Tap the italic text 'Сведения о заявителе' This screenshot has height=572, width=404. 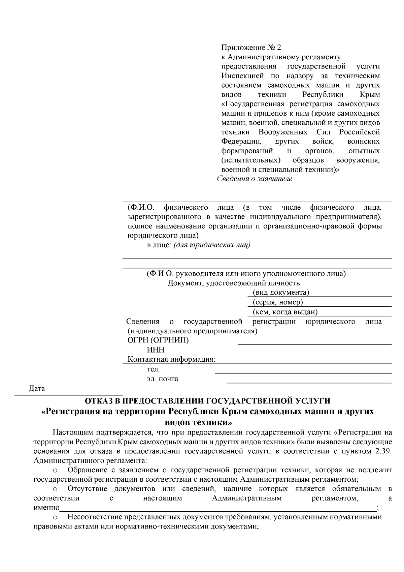255,179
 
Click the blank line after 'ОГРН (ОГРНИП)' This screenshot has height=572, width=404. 315,344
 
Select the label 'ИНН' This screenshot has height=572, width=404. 156,350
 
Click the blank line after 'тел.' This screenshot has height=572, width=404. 303,372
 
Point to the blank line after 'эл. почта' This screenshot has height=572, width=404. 309,382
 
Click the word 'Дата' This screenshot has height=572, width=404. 37,389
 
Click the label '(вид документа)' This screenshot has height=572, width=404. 281,293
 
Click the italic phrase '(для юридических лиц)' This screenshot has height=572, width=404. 212,245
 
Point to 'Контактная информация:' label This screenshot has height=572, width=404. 171,360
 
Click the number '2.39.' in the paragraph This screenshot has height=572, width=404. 383,451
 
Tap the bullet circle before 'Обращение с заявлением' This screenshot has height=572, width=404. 56,470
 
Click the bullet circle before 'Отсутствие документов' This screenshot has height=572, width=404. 56,489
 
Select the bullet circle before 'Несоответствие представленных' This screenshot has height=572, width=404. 56,517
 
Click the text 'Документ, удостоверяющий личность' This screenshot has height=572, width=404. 234,283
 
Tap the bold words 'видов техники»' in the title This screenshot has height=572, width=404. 198,422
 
